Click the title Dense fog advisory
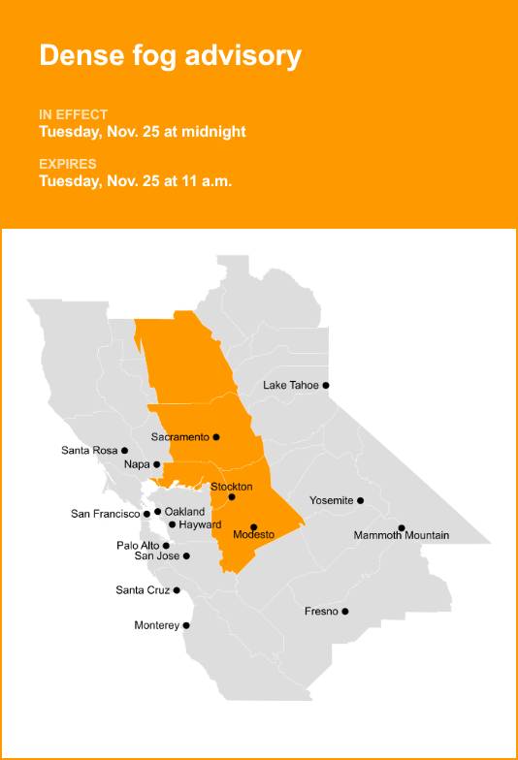pos(170,56)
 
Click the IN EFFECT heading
pos(74,114)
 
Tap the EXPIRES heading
pos(68,164)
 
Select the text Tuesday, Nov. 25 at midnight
pos(143,132)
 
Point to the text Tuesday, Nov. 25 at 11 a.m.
pos(136,180)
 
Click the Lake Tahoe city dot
pos(326,385)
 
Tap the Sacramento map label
pos(180,437)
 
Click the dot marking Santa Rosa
pos(124,450)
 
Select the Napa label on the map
pos(137,465)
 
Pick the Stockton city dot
pos(232,497)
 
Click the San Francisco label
pos(106,514)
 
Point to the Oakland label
pos(184,511)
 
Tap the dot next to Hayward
pos(172,524)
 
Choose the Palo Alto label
pos(138,546)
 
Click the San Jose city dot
pos(186,555)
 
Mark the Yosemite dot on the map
pos(360,500)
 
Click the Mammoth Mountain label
pos(401,535)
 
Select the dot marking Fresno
pos(344,611)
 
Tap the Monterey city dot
pos(186,625)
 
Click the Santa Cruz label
pos(143,590)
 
